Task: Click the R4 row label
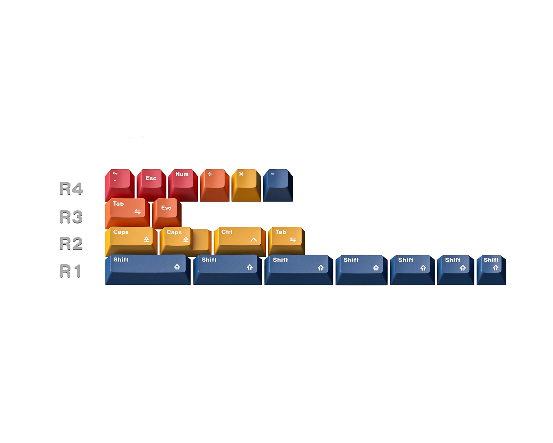[71, 188]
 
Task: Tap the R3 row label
[71, 216]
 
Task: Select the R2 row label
[71, 243]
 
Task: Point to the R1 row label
[70, 271]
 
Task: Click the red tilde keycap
[120, 185]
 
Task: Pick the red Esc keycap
[151, 185]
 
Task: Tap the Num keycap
[183, 185]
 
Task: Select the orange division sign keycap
[215, 185]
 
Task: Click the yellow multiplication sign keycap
[246, 185]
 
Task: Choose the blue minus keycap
[278, 185]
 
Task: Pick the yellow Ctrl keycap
[240, 242]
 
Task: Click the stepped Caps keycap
[186, 242]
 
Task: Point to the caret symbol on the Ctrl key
[254, 239]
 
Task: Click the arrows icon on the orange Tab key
[138, 211]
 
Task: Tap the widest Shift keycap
[148, 270]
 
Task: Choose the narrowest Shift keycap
[491, 270]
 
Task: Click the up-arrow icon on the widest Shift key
[177, 267]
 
